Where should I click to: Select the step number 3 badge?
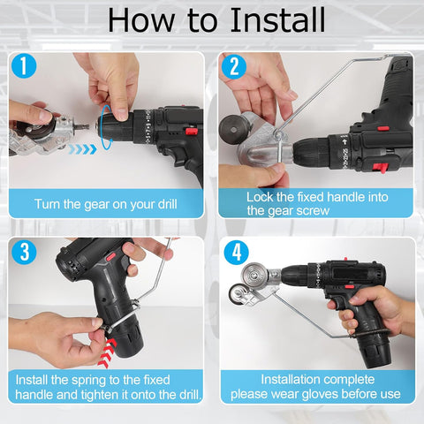coord(25,252)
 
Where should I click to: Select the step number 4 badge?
coord(235,252)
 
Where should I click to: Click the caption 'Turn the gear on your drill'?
coord(105,203)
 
